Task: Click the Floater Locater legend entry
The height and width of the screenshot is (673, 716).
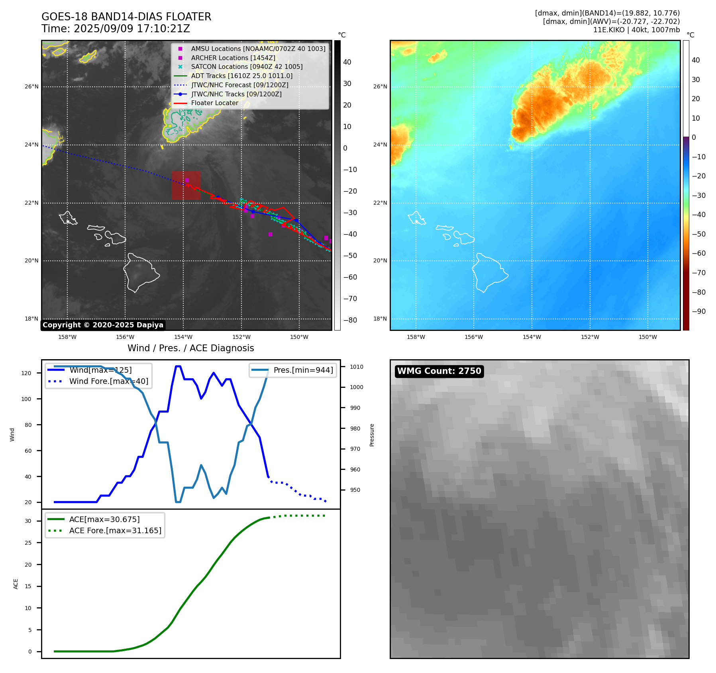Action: (x=214, y=103)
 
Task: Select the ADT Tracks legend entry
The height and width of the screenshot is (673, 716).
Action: (x=241, y=76)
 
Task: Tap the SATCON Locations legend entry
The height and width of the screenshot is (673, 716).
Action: (x=247, y=67)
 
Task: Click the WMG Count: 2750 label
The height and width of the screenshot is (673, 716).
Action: (x=439, y=371)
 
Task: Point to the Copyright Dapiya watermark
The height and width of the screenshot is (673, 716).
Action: (x=103, y=325)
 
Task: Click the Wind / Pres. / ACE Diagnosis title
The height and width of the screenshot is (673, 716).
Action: (x=190, y=348)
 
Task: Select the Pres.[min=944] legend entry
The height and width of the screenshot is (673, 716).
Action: (x=303, y=370)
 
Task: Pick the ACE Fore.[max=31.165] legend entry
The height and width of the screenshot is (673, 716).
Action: (x=115, y=531)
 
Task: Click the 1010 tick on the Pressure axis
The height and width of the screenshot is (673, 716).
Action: (x=357, y=367)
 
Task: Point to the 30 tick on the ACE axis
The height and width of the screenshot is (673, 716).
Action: (x=28, y=521)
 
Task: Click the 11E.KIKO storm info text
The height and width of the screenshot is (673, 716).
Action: (x=636, y=30)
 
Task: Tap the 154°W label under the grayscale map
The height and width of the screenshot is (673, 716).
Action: (x=183, y=337)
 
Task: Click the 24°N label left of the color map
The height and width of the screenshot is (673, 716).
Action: (x=380, y=145)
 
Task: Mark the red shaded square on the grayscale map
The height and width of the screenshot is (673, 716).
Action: (x=186, y=186)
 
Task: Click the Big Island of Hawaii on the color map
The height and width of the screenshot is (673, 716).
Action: (x=488, y=273)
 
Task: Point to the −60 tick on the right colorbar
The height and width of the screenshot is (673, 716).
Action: (x=698, y=253)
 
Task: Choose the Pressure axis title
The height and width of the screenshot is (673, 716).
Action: (x=372, y=435)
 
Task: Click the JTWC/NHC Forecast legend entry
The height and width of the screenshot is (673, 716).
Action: (x=239, y=85)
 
